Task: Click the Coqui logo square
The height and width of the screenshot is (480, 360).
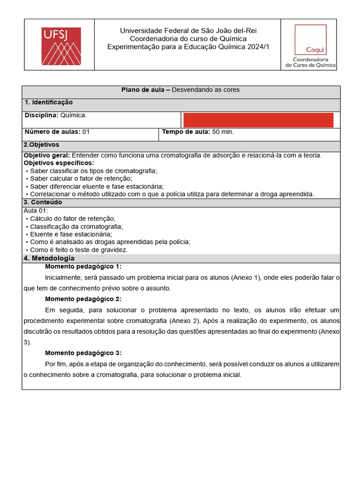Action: click(310, 39)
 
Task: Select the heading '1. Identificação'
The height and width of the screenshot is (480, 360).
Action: click(49, 102)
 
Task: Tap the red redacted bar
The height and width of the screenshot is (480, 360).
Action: click(258, 120)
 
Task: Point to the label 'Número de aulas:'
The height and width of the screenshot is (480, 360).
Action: click(52, 132)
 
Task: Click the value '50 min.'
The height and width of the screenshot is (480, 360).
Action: click(223, 132)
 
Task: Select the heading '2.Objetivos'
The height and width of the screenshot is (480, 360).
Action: click(42, 145)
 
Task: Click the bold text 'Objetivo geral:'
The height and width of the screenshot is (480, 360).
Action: click(47, 155)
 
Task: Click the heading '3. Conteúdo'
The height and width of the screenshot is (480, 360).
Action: click(43, 202)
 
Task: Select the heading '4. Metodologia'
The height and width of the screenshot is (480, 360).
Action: click(49, 258)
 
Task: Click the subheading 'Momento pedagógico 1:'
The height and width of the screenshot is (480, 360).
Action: click(83, 266)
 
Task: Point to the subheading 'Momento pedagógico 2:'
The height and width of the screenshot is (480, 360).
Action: click(83, 299)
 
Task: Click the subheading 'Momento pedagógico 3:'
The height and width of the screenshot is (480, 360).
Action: click(83, 353)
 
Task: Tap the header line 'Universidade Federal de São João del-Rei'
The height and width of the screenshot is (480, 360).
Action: click(188, 30)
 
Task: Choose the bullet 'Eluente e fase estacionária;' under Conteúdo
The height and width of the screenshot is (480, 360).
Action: click(71, 234)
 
